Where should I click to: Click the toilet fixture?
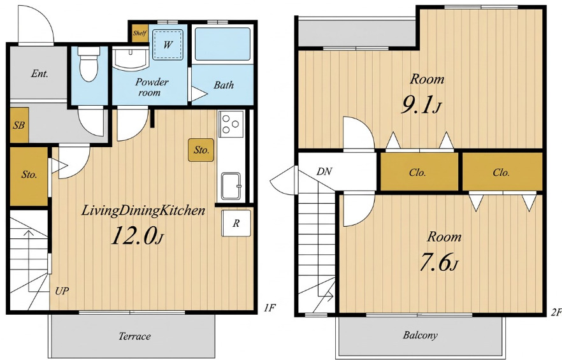tap(89, 64)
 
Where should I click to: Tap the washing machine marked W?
tap(168, 45)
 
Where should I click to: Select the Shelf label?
tap(140, 33)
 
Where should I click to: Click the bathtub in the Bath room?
tap(222, 44)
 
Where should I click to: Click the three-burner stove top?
tap(230, 123)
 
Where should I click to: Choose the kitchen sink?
tap(231, 186)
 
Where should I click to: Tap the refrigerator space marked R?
tap(236, 223)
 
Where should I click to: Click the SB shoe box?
tap(19, 125)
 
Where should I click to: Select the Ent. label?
tap(40, 74)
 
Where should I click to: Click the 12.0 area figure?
tap(134, 236)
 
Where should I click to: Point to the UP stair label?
tap(62, 291)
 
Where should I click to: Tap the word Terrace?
tap(134, 336)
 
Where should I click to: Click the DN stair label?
tap(324, 171)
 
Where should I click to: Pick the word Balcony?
tap(420, 335)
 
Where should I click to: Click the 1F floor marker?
tap(270, 308)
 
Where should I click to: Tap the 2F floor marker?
tap(556, 313)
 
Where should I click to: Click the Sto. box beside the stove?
tap(201, 150)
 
